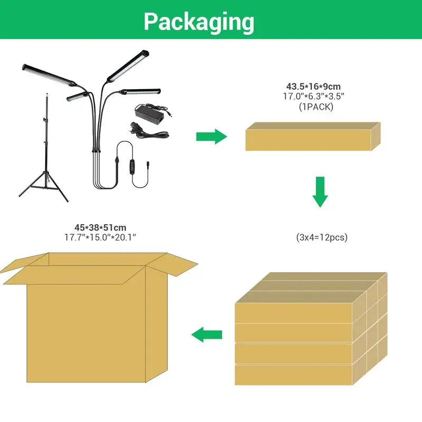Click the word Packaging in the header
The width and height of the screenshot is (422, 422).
pyautogui.click(x=199, y=22)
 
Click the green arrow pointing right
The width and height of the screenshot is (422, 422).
pyautogui.click(x=211, y=137)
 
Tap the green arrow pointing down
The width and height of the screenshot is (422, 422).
pyautogui.click(x=320, y=193)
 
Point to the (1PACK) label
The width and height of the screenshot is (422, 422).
pyautogui.click(x=316, y=107)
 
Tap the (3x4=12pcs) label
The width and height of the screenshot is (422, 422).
pyautogui.click(x=322, y=238)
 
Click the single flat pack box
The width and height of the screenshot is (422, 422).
pyautogui.click(x=312, y=137)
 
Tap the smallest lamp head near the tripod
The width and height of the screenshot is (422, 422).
pyautogui.click(x=78, y=97)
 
